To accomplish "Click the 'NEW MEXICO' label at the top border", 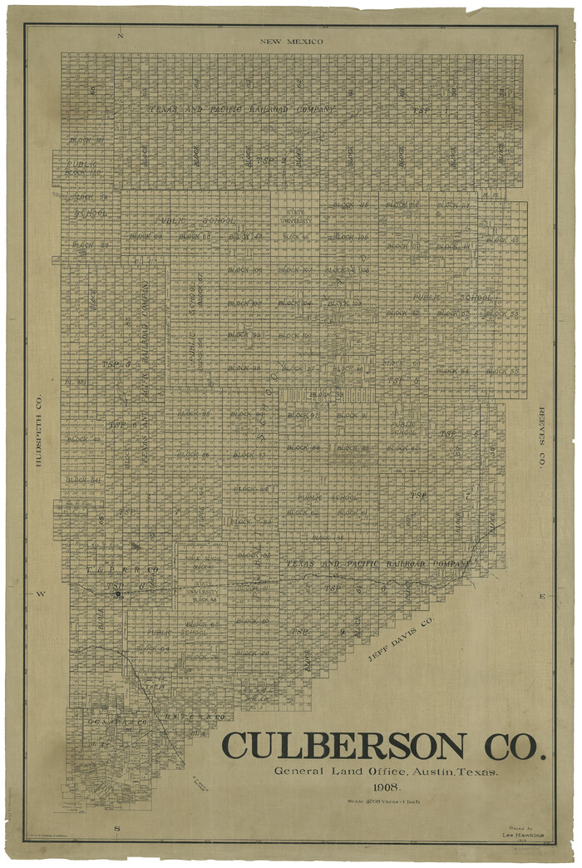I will pos(290,41).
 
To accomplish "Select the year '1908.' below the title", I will pos(386,787).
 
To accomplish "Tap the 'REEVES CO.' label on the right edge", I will pos(541,438).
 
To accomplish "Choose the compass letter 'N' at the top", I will pos(120,37).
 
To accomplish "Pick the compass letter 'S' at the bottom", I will pos(117,828).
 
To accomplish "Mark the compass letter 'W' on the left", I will pos(38,594).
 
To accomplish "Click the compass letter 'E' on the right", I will pos(542,596).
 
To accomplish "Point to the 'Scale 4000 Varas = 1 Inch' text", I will pos(385,801).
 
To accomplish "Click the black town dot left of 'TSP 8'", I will pos(119,594).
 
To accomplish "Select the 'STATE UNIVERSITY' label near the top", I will pos(298,217).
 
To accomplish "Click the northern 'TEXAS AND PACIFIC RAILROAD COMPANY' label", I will pos(242,109).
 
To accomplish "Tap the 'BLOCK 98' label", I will pos(244,367).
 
